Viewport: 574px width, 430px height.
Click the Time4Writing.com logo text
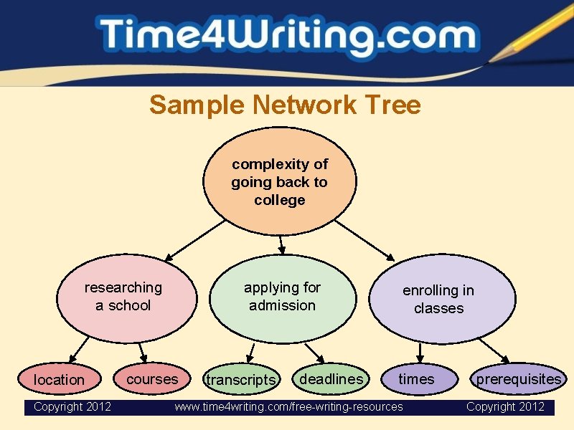(x=287, y=37)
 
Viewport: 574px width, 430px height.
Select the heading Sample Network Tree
(x=285, y=105)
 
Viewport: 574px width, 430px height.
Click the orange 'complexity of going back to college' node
(x=280, y=182)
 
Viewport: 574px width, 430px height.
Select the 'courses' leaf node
(x=152, y=378)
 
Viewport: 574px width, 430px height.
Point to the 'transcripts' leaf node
(x=240, y=380)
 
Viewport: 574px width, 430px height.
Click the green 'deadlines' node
(x=331, y=378)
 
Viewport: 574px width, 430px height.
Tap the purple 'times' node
(x=418, y=379)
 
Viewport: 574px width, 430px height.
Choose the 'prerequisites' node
(x=519, y=379)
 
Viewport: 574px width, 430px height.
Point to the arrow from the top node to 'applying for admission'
(x=281, y=244)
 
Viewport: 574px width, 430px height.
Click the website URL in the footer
(x=289, y=407)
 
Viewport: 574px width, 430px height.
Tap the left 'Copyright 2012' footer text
(x=72, y=407)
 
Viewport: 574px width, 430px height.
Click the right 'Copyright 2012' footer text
(x=505, y=407)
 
